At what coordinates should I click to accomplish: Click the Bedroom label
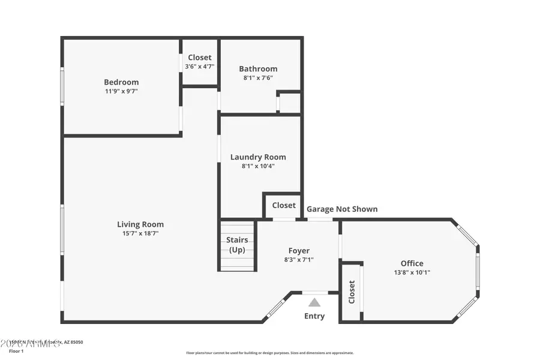[x=121, y=82]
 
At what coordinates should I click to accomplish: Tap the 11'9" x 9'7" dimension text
[x=121, y=91]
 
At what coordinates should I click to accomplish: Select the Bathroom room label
[x=258, y=69]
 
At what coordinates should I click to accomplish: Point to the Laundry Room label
[x=258, y=157]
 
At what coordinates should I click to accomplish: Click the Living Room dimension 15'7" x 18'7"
[x=140, y=233]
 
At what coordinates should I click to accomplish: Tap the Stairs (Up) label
[x=237, y=245]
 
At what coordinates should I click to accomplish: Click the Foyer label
[x=299, y=251]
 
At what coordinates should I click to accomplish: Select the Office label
[x=412, y=263]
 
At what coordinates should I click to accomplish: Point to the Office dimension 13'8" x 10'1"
[x=412, y=272]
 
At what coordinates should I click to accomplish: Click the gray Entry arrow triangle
[x=314, y=303]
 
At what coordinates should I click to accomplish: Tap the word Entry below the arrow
[x=314, y=316]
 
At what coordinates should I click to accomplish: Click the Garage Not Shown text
[x=342, y=209]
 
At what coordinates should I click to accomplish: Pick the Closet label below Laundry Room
[x=284, y=205]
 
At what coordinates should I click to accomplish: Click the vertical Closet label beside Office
[x=352, y=292]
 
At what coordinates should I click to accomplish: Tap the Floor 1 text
[x=16, y=351]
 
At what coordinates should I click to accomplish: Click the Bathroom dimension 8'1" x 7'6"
[x=258, y=78]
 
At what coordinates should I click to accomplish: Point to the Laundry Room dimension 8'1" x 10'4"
[x=258, y=166]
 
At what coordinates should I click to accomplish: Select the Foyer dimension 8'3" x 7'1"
[x=299, y=260]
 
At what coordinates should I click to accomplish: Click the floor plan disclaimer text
[x=269, y=353]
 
